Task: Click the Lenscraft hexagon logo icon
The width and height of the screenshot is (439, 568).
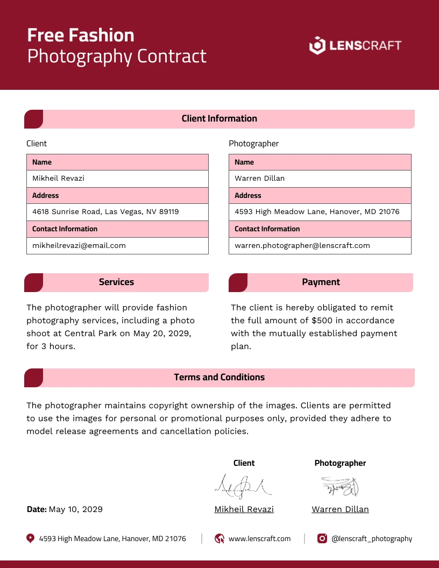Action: coord(317,45)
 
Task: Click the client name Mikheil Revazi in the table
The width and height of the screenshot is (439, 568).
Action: coord(58,178)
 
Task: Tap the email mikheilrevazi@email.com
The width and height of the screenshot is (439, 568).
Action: coord(79,245)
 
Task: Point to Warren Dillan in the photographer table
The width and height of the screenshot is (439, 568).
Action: coord(259,178)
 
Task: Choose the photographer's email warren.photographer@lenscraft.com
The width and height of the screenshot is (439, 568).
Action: coord(302,245)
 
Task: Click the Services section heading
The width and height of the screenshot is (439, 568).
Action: coord(116,282)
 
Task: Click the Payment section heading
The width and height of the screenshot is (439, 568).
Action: coord(321,282)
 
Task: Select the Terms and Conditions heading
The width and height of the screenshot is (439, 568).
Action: coord(219,378)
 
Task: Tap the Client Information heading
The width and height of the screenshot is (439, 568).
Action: coord(219,119)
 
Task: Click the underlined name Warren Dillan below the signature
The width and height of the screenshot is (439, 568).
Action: coord(340,509)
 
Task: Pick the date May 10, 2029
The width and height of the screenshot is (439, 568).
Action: coord(75,509)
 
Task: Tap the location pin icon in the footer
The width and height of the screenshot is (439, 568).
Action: coord(30,538)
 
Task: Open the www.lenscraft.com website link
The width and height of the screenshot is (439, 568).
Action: coord(259,538)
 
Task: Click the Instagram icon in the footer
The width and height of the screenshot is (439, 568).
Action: coord(322,538)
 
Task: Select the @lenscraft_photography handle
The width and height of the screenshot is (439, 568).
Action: coord(372,538)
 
